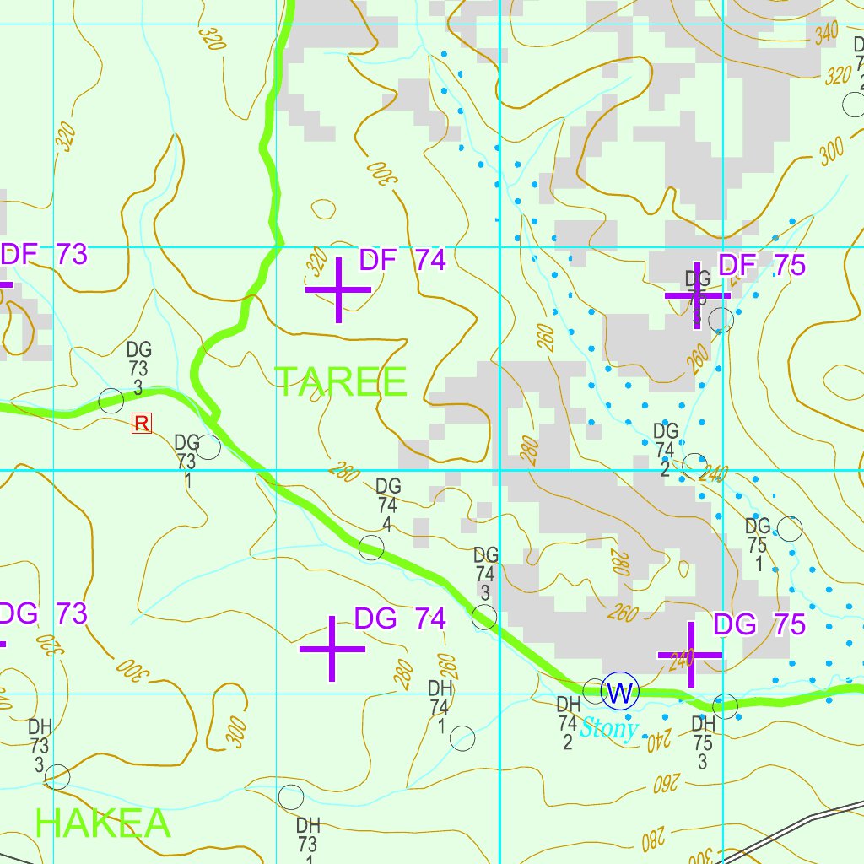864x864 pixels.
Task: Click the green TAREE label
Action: [341, 382]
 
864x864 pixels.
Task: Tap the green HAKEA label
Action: [103, 823]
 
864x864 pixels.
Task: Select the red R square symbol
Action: [141, 424]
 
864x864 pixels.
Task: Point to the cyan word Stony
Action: [609, 728]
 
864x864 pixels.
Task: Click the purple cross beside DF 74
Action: [338, 289]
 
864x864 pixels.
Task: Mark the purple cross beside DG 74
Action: [332, 649]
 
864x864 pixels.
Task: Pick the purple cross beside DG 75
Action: [691, 654]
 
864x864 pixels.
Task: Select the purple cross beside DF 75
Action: [697, 295]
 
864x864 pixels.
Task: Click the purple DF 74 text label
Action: [402, 261]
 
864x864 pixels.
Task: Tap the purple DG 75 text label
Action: [759, 625]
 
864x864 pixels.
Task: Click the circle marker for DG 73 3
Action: [111, 401]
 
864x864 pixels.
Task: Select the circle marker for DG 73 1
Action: [208, 447]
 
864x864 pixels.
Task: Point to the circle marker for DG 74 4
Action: [371, 548]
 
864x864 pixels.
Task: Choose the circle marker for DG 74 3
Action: [484, 618]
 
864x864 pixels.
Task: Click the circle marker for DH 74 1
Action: [462, 738]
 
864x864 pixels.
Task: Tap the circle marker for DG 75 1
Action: [789, 529]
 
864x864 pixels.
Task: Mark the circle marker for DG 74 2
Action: [694, 465]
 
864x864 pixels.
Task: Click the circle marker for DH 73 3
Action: [57, 776]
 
